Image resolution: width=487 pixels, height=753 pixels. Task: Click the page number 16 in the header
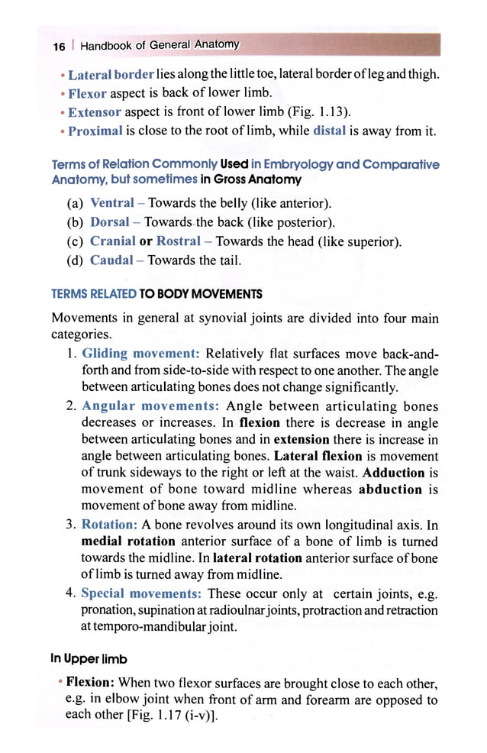[x=59, y=46]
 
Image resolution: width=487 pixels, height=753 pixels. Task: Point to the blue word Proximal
[x=95, y=131]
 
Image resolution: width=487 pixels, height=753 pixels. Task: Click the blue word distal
[x=330, y=131]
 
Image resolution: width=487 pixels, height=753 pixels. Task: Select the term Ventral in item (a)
[x=112, y=204]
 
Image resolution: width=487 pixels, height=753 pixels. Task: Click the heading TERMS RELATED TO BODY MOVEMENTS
[x=156, y=294]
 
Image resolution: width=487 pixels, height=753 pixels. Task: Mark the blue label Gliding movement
[x=140, y=354]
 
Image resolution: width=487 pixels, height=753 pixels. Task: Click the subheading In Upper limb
[x=89, y=658]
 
